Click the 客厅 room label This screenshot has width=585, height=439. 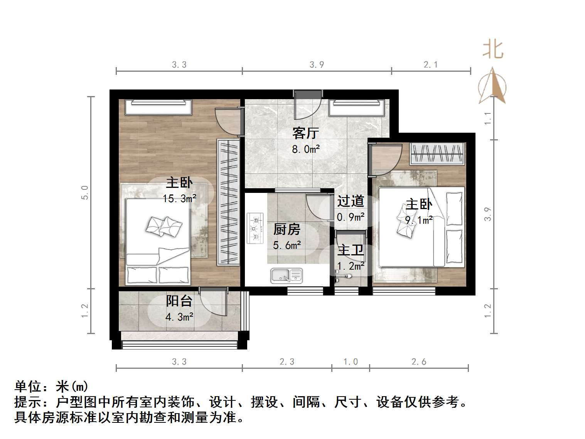[305, 133]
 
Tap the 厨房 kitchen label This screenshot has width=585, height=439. [287, 230]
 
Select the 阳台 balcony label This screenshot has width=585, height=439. [179, 301]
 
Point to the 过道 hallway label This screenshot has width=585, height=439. [350, 201]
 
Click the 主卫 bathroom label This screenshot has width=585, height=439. [350, 250]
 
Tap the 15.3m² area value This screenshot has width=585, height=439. [179, 199]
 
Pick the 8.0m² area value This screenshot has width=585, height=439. [306, 149]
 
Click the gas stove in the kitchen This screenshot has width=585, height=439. [255, 228]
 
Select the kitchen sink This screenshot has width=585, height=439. [286, 275]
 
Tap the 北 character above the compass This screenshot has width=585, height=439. [493, 50]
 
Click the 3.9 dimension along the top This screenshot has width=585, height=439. [317, 64]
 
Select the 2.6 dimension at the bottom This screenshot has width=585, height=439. [419, 361]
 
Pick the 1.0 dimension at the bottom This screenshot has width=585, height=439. [351, 361]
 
